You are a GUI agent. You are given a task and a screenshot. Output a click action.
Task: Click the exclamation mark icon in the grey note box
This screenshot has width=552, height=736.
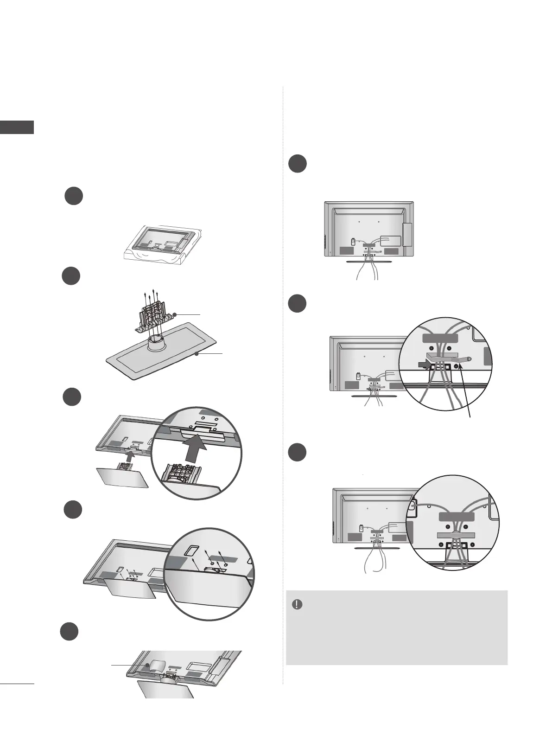click(x=297, y=604)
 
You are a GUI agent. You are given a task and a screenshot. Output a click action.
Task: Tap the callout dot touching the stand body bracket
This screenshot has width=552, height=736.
click(x=175, y=314)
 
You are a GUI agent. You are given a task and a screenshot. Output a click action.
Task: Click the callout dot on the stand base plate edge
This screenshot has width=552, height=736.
click(x=197, y=354)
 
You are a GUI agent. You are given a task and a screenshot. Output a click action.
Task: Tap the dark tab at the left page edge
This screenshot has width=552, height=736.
click(x=17, y=127)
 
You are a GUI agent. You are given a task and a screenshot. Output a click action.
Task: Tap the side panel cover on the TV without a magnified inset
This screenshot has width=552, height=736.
click(x=407, y=235)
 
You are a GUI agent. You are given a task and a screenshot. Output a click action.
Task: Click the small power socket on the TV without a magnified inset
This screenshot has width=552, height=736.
click(x=353, y=242)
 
